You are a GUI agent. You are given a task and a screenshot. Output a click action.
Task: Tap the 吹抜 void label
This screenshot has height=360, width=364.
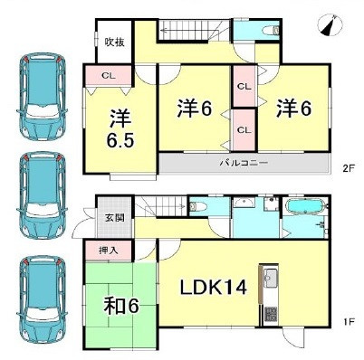pyautogui.click(x=112, y=42)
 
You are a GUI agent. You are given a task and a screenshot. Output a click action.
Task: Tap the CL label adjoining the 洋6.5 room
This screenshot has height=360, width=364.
pyautogui.click(x=107, y=77)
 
